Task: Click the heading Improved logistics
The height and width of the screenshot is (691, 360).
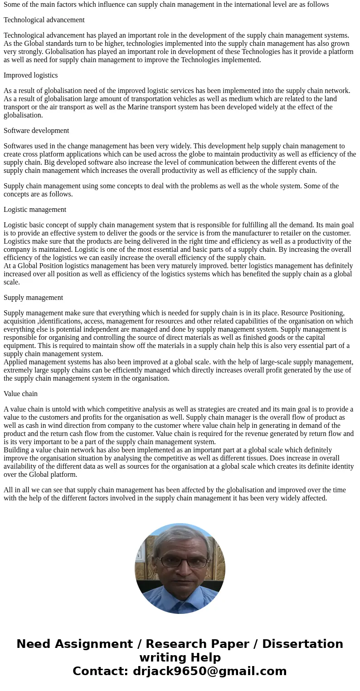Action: (30, 75)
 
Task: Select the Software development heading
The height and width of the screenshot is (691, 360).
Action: (36, 131)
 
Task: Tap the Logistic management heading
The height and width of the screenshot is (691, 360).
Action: (35, 210)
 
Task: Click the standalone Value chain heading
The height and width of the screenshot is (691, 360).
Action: (20, 394)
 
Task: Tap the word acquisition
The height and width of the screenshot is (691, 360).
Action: (19, 321)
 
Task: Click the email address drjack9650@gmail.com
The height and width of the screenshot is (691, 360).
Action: (209, 671)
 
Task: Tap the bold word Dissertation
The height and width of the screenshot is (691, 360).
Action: (302, 644)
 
